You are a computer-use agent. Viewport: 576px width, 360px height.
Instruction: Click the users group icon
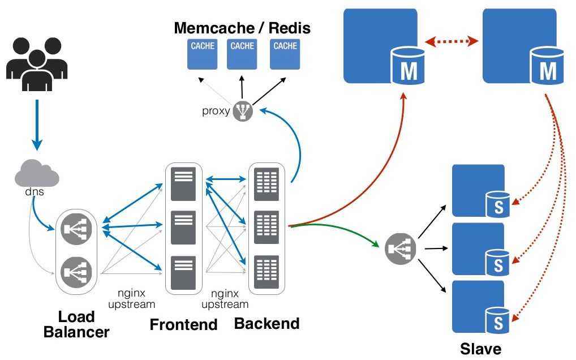(37, 63)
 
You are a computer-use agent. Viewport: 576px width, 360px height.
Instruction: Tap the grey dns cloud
(37, 174)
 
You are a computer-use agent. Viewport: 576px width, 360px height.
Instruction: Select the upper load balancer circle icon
(76, 229)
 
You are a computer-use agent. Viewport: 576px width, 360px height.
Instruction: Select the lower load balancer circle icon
(76, 272)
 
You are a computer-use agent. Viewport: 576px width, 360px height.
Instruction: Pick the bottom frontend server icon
(183, 272)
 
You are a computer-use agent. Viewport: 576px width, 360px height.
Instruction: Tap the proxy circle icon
(242, 111)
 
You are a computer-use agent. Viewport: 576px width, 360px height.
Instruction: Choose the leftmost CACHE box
(202, 54)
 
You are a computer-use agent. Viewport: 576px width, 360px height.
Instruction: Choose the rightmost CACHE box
(285, 54)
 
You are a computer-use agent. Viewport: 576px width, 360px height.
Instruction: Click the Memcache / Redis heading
(242, 28)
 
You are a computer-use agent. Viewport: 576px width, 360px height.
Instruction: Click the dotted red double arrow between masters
(451, 41)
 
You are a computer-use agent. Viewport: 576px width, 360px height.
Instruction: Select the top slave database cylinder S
(498, 204)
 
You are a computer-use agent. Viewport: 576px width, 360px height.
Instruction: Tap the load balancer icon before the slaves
(401, 248)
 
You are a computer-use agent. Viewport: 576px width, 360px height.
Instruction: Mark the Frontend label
(183, 324)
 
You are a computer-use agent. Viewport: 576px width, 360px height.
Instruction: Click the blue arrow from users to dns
(37, 125)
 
